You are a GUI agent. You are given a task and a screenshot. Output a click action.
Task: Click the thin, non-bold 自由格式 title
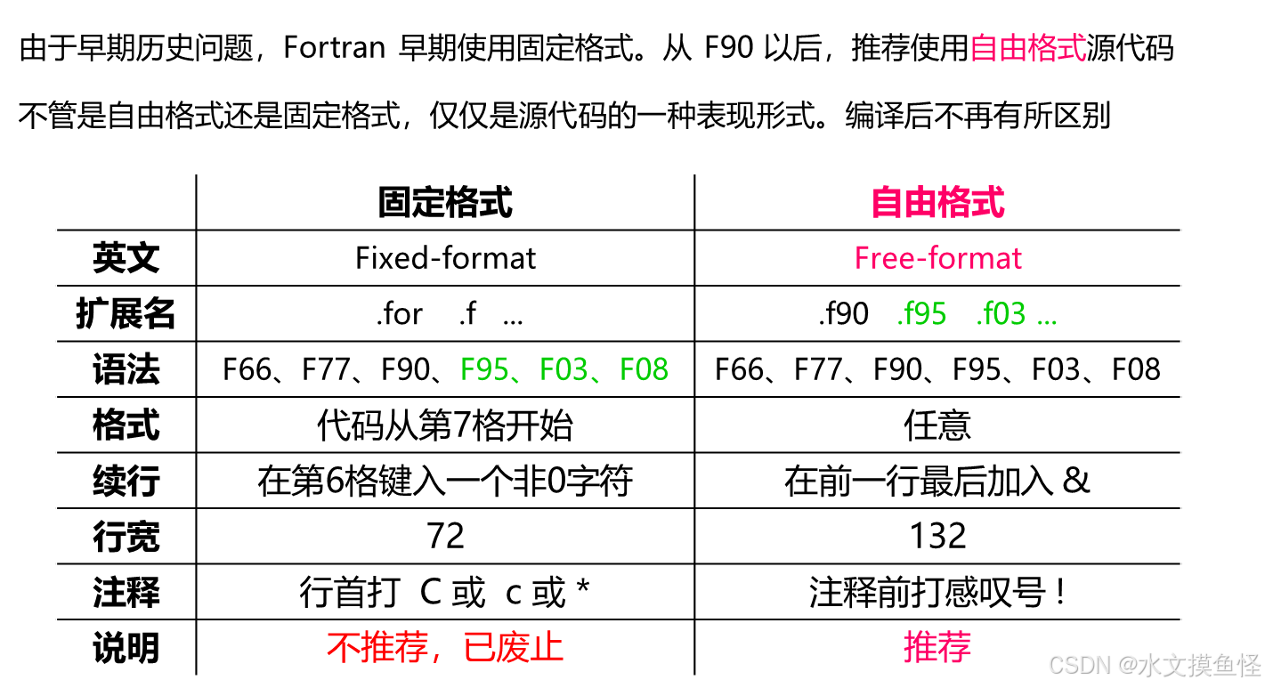[x=1027, y=48]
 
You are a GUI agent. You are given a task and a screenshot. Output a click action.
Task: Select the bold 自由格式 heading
[x=937, y=203]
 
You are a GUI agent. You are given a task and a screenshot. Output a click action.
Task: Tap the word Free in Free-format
[x=878, y=259]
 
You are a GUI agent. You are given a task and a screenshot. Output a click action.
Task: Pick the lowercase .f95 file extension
[x=921, y=314]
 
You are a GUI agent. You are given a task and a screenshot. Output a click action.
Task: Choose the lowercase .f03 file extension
[x=1001, y=314]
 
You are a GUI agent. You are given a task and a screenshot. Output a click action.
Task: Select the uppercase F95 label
[x=483, y=369]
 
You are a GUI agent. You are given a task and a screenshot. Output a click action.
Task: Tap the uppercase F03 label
[x=564, y=369]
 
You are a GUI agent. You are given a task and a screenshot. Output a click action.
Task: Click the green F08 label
[x=644, y=369]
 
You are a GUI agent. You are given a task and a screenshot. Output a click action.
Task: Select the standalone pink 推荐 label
[x=937, y=646]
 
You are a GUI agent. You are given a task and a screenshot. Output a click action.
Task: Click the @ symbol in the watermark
[x=1125, y=664]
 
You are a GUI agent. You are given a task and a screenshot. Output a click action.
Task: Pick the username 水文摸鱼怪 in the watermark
[x=1198, y=664]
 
